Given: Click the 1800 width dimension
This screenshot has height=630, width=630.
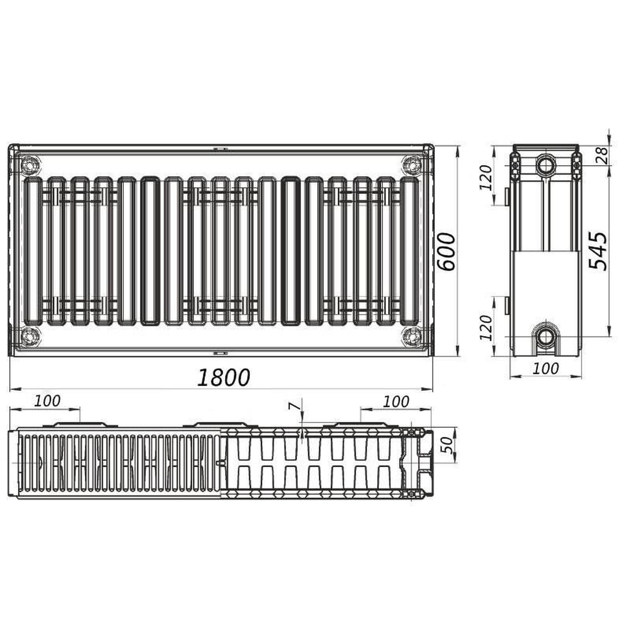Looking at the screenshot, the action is pyautogui.click(x=224, y=377).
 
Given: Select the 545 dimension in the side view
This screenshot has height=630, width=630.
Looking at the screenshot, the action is pyautogui.click(x=598, y=250).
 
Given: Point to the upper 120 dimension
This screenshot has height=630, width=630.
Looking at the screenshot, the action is pyautogui.click(x=485, y=177).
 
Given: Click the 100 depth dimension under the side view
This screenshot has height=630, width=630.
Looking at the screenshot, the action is pyautogui.click(x=546, y=368).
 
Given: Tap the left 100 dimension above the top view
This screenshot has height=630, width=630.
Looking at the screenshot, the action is pyautogui.click(x=47, y=401).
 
